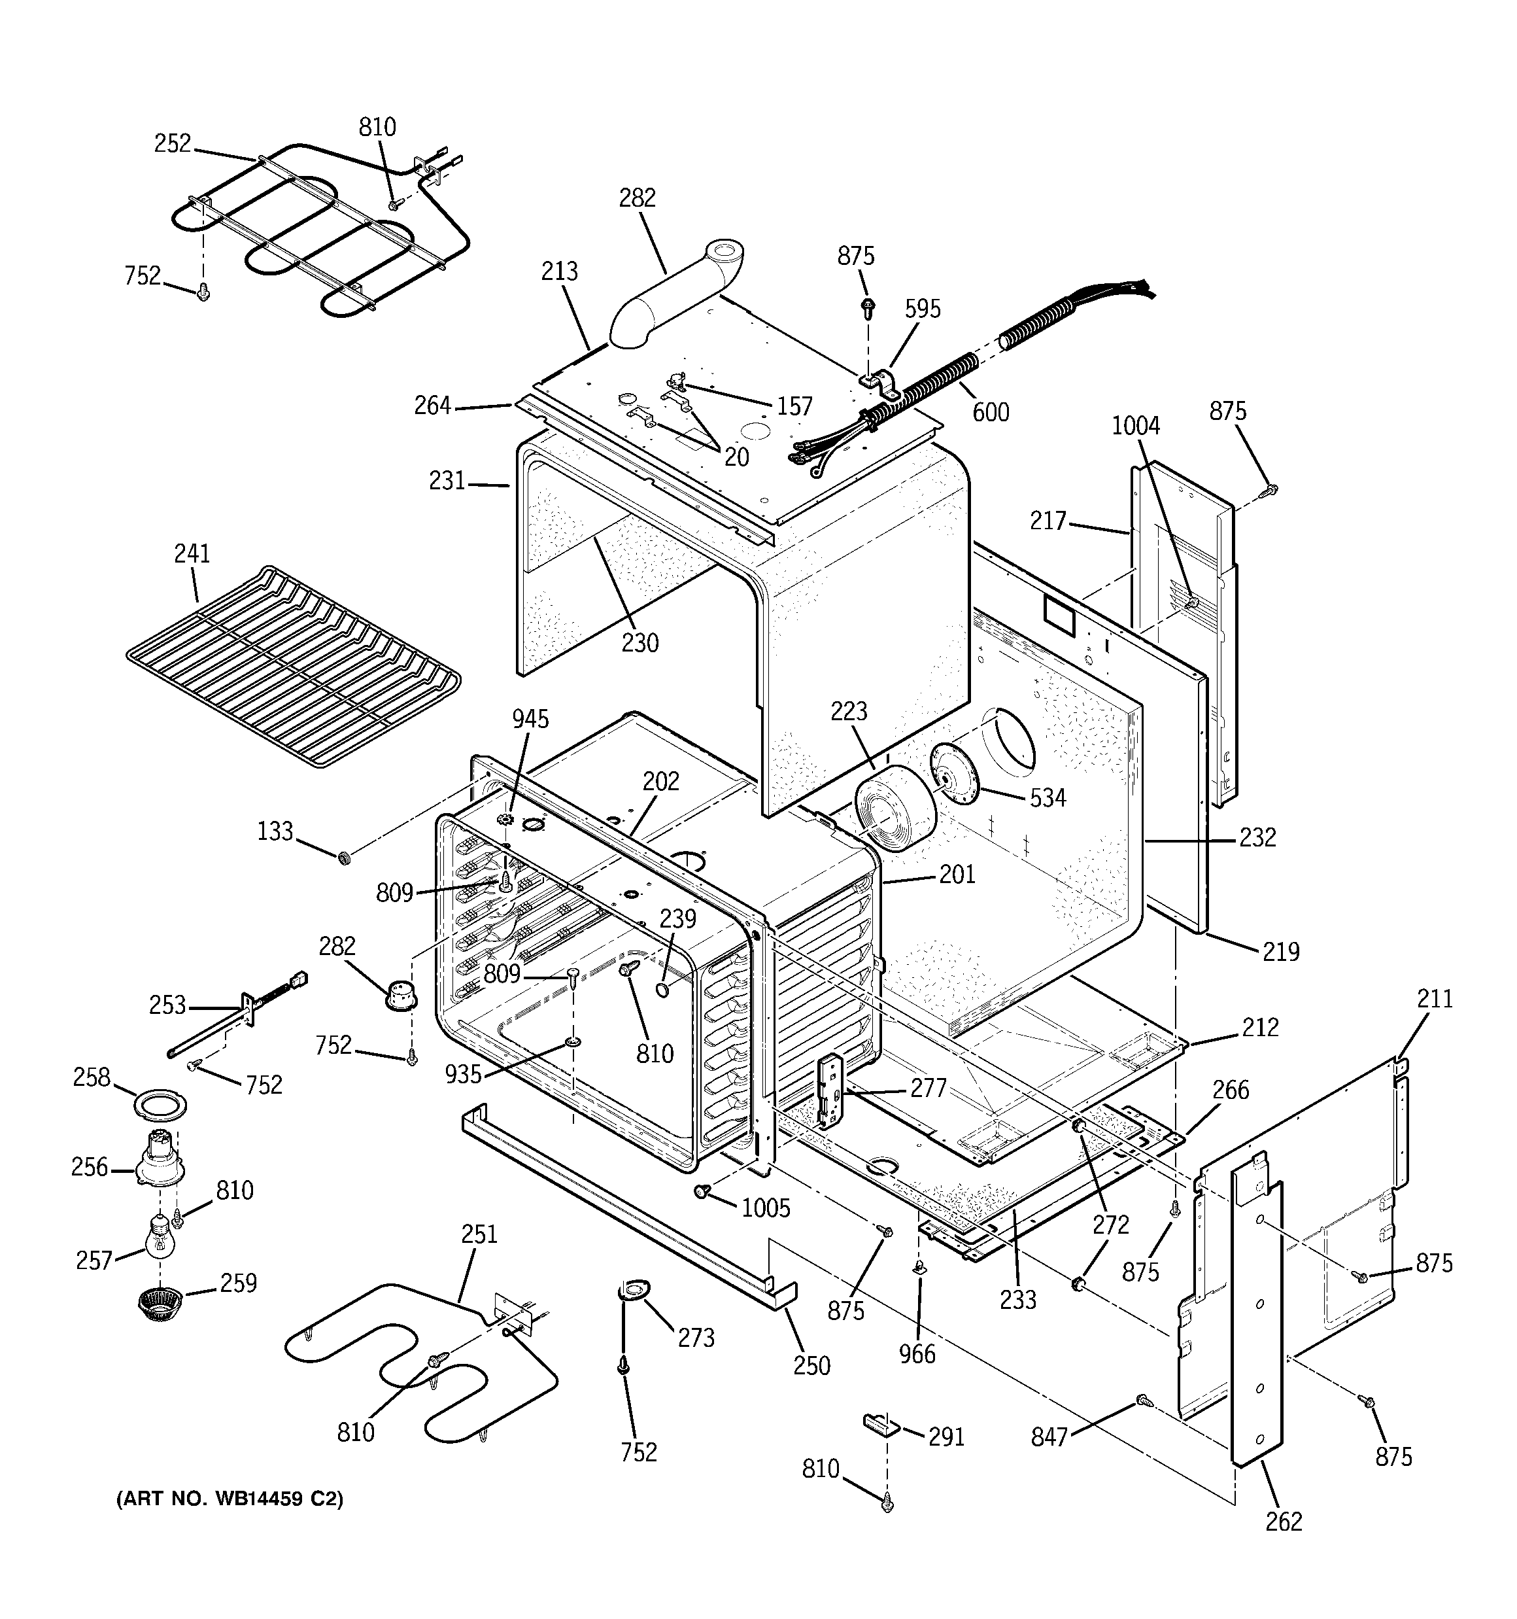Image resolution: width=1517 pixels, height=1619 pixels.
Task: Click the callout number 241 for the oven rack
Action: (x=192, y=554)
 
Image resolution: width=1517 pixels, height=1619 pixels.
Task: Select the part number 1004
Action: (x=1136, y=426)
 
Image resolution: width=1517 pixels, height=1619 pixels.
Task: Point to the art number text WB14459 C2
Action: (x=230, y=1499)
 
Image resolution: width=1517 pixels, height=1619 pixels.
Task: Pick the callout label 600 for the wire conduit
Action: (x=991, y=413)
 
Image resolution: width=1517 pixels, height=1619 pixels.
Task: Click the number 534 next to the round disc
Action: (x=1047, y=798)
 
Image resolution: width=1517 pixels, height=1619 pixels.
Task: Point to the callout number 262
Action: (x=1284, y=1522)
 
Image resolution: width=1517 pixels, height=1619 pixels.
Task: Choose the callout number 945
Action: (x=530, y=719)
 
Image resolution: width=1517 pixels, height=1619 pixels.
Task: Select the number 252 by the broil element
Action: (x=173, y=143)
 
